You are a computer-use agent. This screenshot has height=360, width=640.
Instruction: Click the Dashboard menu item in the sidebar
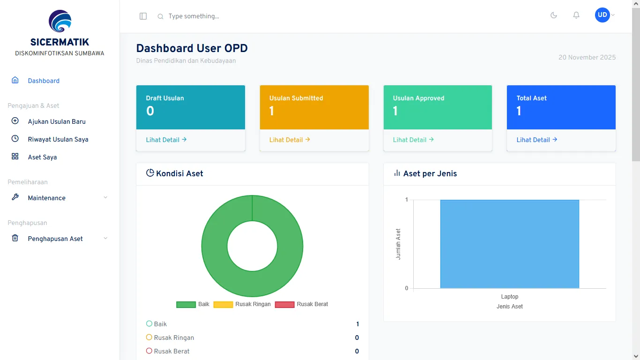click(x=43, y=81)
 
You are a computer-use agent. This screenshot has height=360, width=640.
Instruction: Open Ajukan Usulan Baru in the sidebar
click(x=56, y=121)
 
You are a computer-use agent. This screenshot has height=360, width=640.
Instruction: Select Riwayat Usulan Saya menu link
click(x=58, y=139)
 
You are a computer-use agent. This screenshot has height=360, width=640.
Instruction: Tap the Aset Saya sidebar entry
click(x=42, y=157)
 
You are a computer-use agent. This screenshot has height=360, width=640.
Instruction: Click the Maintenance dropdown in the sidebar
click(x=60, y=198)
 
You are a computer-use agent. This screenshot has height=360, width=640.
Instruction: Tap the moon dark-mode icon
click(x=553, y=15)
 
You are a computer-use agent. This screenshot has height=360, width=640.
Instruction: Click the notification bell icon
click(x=576, y=15)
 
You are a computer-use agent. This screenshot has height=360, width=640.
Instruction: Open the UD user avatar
click(x=603, y=15)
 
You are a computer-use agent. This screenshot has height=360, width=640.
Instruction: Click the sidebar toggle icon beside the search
click(x=143, y=16)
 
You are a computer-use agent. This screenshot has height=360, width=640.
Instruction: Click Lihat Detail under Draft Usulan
click(x=166, y=140)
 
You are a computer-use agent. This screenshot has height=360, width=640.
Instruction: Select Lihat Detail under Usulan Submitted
click(x=290, y=140)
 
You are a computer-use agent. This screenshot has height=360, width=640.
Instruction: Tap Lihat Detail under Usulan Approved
click(x=413, y=140)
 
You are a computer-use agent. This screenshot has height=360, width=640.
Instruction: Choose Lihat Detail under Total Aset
click(x=537, y=140)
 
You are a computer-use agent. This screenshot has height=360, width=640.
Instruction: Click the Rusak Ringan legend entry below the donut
click(x=242, y=304)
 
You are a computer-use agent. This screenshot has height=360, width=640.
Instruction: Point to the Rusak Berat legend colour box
click(x=284, y=304)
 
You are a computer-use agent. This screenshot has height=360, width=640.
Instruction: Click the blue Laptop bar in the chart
click(x=509, y=244)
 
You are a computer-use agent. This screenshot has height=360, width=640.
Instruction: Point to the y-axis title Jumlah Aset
click(x=398, y=244)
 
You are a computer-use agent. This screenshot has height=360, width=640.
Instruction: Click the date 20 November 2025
click(x=587, y=57)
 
